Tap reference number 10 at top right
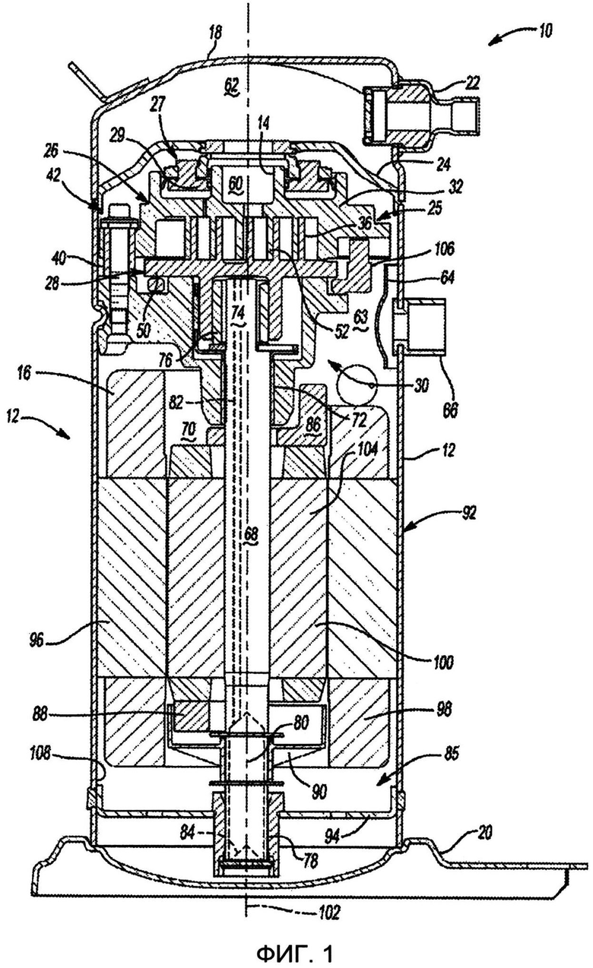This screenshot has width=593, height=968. click(x=545, y=30)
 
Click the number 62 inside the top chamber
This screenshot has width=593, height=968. click(x=231, y=84)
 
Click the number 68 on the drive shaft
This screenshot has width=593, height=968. click(x=251, y=535)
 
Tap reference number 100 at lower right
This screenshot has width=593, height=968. click(x=443, y=662)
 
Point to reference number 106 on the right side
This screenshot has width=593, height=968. click(x=442, y=248)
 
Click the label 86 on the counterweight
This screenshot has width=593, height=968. click(x=312, y=425)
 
